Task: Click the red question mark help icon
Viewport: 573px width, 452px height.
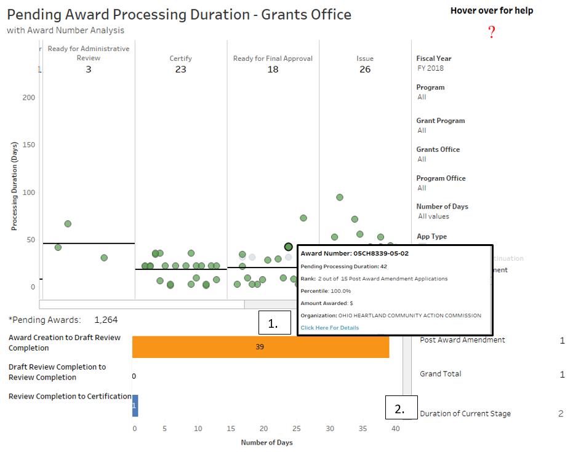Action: tap(492, 33)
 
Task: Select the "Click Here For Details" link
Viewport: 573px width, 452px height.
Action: tap(330, 328)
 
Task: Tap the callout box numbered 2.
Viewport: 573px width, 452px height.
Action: tap(401, 408)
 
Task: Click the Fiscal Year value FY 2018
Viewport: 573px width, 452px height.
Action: tap(430, 68)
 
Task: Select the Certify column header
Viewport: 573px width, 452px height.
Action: tap(180, 58)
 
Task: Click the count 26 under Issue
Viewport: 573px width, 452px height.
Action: tap(365, 69)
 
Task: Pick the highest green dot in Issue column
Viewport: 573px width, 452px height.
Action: tap(340, 197)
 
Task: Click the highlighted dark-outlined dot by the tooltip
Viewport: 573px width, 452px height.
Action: tap(289, 247)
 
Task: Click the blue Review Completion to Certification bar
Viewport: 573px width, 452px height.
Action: tap(135, 406)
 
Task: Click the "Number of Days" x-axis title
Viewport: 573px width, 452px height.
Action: tap(266, 443)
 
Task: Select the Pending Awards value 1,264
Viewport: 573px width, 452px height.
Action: tap(106, 320)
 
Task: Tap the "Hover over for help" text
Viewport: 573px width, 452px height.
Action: tap(492, 10)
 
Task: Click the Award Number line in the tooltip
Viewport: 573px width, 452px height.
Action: tap(355, 253)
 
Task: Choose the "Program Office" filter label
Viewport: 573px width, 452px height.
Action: tap(441, 178)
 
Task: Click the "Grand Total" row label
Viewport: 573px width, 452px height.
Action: tap(440, 374)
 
